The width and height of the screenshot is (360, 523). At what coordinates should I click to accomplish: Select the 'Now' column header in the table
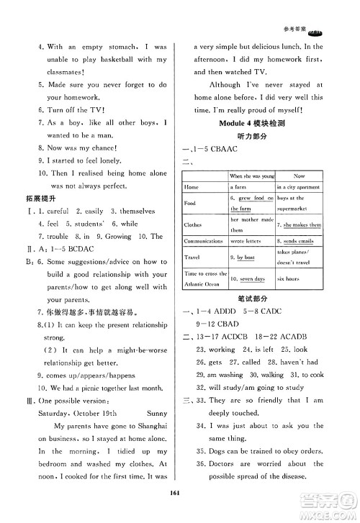click(300, 175)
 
